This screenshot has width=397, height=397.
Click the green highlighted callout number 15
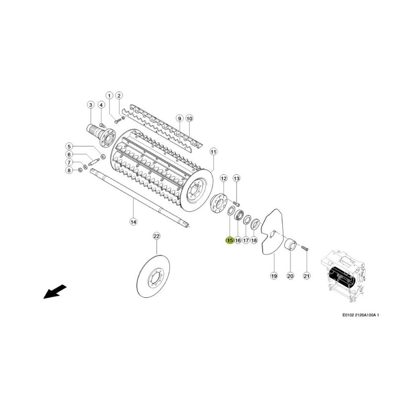click(x=230, y=240)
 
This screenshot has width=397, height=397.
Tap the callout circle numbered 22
click(x=156, y=236)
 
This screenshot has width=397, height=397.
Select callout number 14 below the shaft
click(x=133, y=222)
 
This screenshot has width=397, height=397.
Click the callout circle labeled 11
click(x=213, y=152)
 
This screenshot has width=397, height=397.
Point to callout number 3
click(x=90, y=104)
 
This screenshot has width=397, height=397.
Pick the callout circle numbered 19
click(x=274, y=275)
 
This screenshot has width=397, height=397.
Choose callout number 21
click(x=306, y=275)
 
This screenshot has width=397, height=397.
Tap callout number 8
click(x=69, y=170)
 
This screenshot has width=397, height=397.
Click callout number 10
click(x=189, y=118)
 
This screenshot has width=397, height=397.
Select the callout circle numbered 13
click(x=236, y=179)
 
